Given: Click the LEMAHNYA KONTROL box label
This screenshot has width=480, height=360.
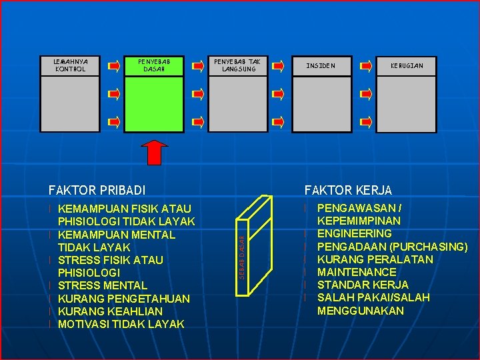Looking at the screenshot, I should coord(71,65).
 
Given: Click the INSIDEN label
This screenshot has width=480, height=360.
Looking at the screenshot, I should coord(321,65).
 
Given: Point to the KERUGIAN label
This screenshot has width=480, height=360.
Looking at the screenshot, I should coord(407,65).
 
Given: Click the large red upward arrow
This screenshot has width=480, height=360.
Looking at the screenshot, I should coord(155,152).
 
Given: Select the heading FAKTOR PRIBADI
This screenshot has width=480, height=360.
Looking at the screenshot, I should coord(97,190).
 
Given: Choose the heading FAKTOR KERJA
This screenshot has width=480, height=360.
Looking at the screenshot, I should coord(349,190).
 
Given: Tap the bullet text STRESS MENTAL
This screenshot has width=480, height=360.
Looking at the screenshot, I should coord(103,285).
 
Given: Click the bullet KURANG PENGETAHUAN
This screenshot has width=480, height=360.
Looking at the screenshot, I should coord(124,299).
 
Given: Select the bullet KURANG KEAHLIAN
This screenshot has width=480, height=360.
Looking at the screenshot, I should coord(110,311).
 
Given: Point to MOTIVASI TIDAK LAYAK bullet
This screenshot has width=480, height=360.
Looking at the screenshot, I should coord(121,324).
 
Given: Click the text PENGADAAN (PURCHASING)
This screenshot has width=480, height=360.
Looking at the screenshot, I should coord(392,247).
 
